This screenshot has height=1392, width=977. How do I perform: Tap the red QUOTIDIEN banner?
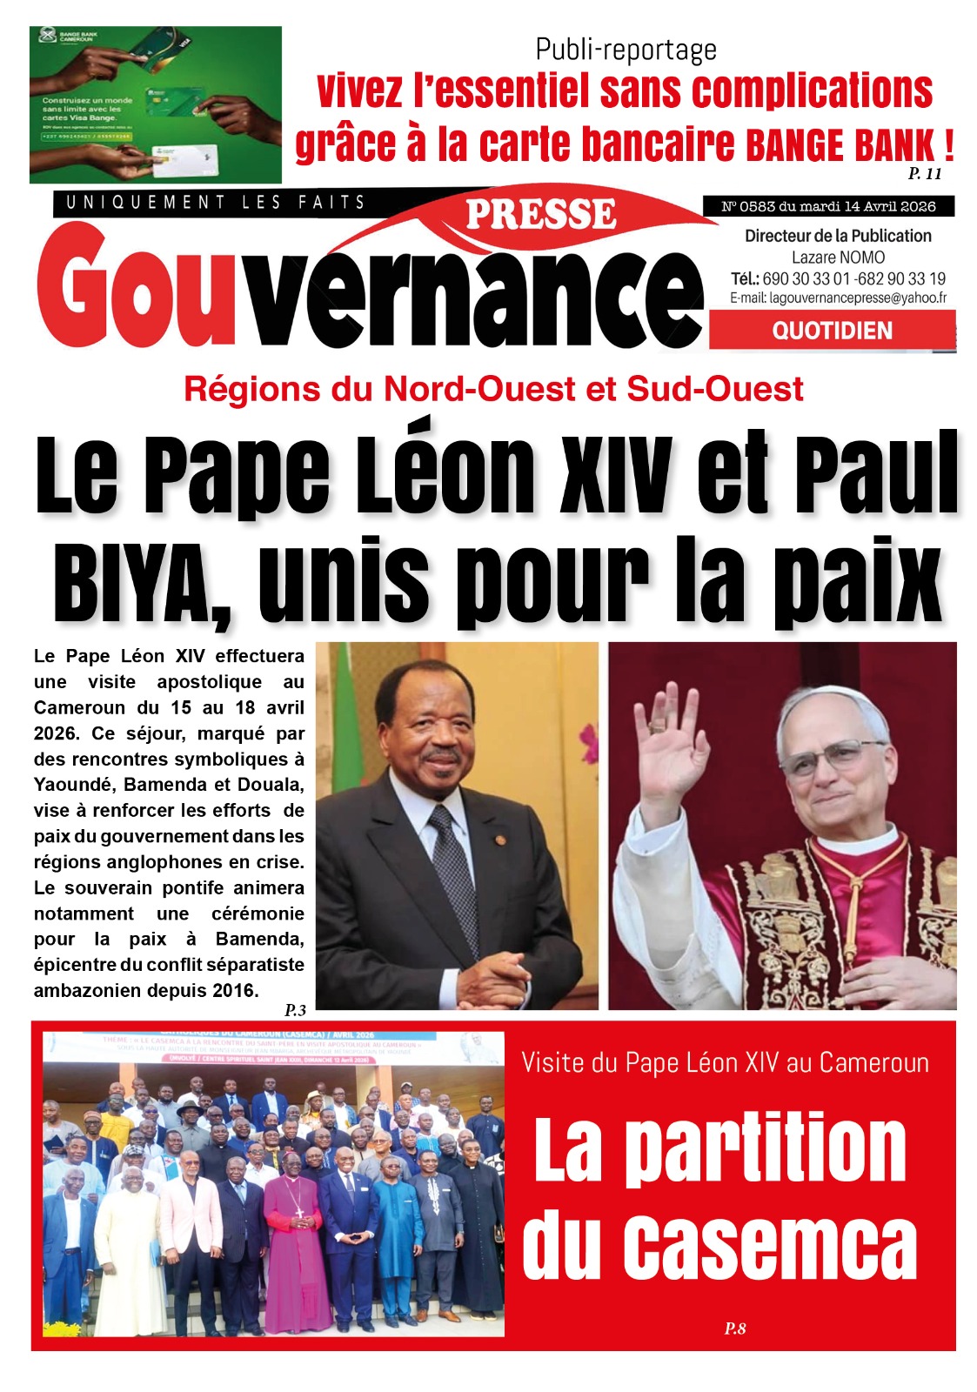832,331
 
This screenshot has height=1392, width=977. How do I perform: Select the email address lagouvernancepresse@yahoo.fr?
838,298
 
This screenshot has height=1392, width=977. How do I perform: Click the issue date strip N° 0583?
828,206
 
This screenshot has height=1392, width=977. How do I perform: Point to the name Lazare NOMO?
838,258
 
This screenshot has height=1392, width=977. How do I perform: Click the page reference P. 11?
925,173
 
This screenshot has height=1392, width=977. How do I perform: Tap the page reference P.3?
295,1010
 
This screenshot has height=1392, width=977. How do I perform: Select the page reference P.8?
735,1328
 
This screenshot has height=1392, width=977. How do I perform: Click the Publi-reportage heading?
626,50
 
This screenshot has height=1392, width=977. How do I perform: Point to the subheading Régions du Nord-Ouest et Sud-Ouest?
493,389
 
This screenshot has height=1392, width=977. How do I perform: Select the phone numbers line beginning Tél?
838,278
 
